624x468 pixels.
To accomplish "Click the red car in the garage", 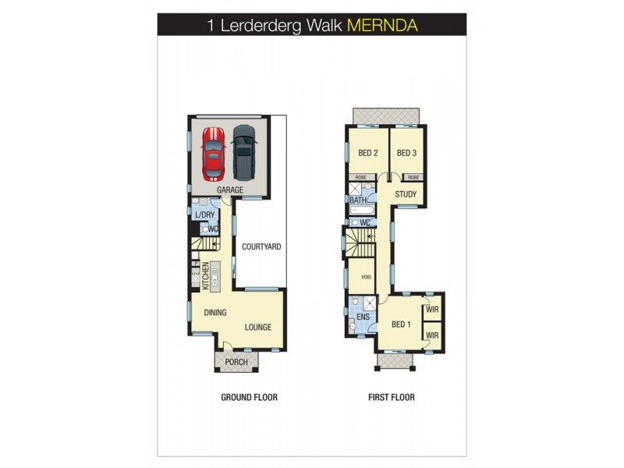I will pyautogui.click(x=212, y=152).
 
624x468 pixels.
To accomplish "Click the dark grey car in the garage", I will pyautogui.click(x=243, y=152).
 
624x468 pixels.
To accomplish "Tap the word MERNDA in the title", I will pyautogui.click(x=382, y=24).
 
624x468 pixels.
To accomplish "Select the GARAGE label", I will pyautogui.click(x=230, y=190).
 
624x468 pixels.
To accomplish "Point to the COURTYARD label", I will pyautogui.click(x=261, y=246).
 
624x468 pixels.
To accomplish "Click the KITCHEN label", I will pyautogui.click(x=206, y=277).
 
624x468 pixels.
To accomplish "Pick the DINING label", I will pyautogui.click(x=215, y=313).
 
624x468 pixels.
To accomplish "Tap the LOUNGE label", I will pyautogui.click(x=258, y=327).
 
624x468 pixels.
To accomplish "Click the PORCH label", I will pyautogui.click(x=236, y=362).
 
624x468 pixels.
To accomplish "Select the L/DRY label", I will pyautogui.click(x=204, y=214).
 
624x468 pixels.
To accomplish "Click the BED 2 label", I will pyautogui.click(x=367, y=153).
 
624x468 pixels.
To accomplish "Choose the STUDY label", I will pyautogui.click(x=406, y=194).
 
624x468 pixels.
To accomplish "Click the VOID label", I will pyautogui.click(x=365, y=278).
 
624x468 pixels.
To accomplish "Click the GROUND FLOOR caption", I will pyautogui.click(x=249, y=397).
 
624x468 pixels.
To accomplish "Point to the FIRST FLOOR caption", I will pyautogui.click(x=392, y=397).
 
